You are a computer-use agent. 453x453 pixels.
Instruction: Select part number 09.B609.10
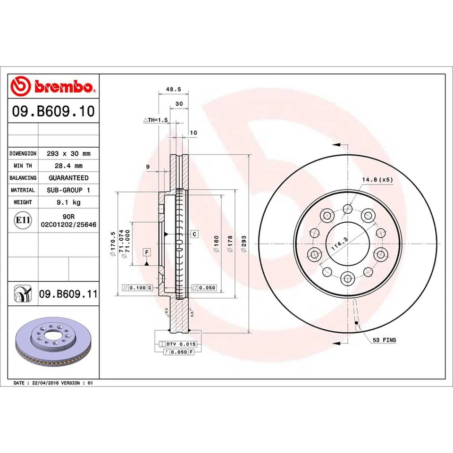(x=53, y=112)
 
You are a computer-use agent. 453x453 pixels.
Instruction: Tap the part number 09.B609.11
(x=68, y=294)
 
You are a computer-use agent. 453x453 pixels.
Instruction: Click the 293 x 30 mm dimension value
(x=68, y=153)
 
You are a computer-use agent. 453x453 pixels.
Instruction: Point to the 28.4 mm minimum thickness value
(x=68, y=166)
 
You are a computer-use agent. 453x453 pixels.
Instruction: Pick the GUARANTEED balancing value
(x=68, y=178)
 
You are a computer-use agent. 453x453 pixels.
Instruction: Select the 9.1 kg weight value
(x=68, y=202)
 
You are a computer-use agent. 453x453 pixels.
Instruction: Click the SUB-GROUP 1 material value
(x=68, y=190)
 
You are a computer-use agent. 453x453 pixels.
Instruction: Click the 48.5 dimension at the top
(x=170, y=88)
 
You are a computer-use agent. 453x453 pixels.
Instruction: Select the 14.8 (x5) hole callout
(x=377, y=180)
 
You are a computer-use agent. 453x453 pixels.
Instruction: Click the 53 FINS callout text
(x=384, y=340)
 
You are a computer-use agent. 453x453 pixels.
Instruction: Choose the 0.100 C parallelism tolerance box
(x=137, y=287)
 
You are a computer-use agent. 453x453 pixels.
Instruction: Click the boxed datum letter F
(x=147, y=252)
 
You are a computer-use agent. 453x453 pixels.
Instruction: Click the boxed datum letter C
(x=194, y=234)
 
